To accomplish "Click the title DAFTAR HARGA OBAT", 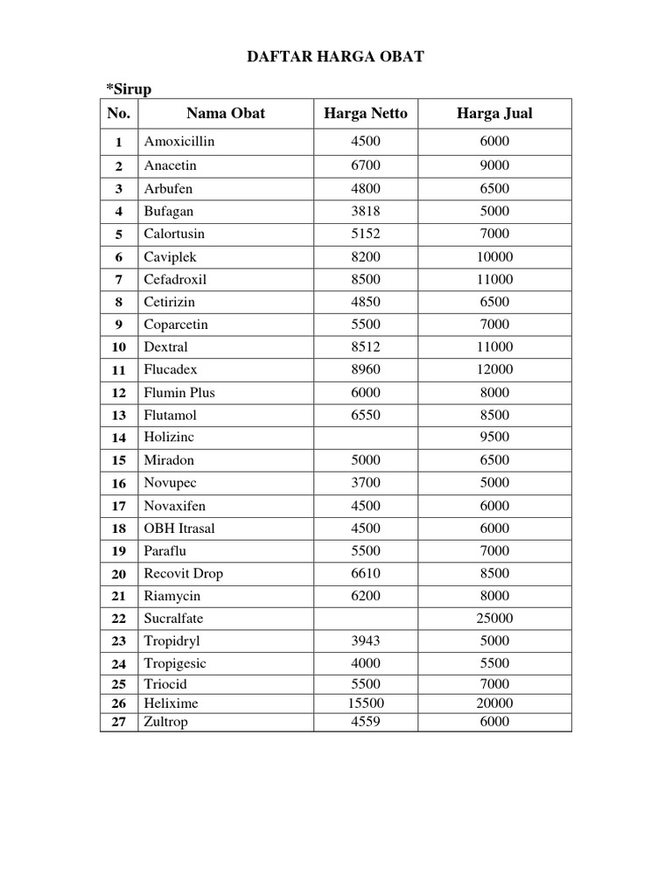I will click(x=336, y=57).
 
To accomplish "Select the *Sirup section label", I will click(x=129, y=88).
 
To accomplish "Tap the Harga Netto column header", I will click(x=365, y=113).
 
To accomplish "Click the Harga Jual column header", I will click(x=494, y=113).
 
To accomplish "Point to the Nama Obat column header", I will click(x=225, y=113).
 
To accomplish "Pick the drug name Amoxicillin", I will click(x=179, y=142).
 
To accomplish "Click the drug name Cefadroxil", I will click(x=175, y=279).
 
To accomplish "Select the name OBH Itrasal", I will click(x=179, y=528).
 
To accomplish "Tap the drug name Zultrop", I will click(x=165, y=722).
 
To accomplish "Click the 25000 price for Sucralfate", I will click(x=494, y=619).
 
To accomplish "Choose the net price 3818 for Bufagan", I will click(x=365, y=211).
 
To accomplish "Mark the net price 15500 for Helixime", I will click(x=365, y=703).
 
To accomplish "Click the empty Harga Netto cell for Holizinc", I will click(x=365, y=437).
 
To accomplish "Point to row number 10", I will click(x=119, y=347).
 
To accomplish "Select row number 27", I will click(x=119, y=723).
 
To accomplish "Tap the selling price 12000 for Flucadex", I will click(x=494, y=370).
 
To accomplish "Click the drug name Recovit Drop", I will click(x=184, y=574).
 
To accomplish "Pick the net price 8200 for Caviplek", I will click(x=365, y=257).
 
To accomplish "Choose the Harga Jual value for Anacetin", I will click(x=494, y=165).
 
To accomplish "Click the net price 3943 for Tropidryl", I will click(x=365, y=640).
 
